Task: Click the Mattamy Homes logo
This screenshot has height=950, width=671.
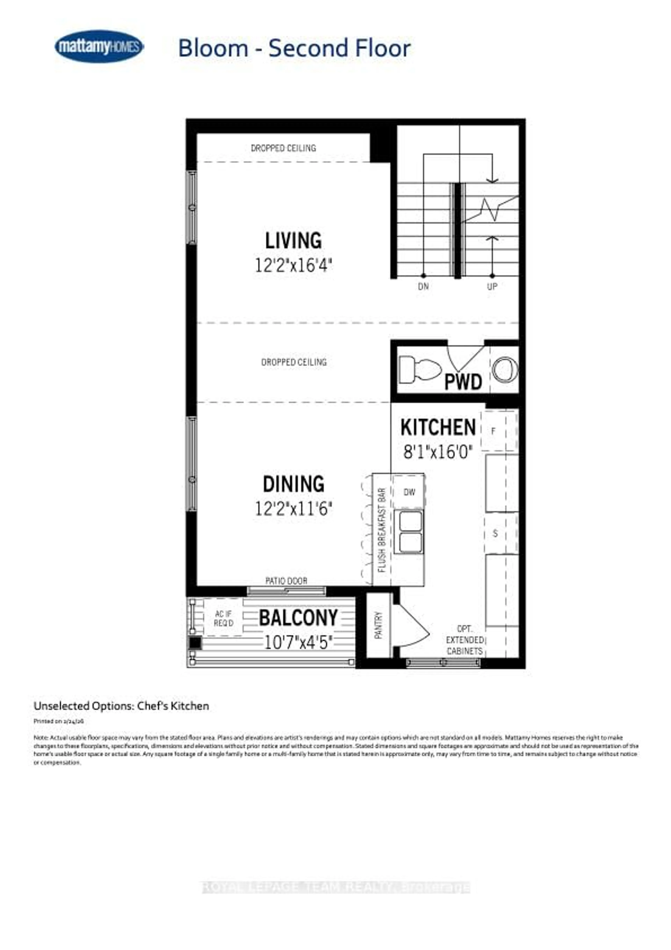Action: [x=99, y=46]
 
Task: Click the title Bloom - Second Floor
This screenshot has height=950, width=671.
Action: [x=294, y=48]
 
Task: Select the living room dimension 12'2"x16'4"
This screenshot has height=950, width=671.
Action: [x=293, y=265]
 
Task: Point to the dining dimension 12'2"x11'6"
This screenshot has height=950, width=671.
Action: [x=293, y=509]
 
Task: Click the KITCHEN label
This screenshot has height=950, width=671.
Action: [x=438, y=427]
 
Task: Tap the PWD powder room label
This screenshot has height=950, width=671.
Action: [x=463, y=382]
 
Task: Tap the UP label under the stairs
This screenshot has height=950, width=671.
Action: [x=492, y=286]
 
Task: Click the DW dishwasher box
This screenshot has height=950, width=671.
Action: [x=409, y=492]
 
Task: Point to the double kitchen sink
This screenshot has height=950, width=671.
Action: [x=408, y=532]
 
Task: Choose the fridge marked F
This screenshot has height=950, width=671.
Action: [x=499, y=431]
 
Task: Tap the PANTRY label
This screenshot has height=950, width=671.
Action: [x=378, y=625]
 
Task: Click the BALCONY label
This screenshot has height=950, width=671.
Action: [x=298, y=618]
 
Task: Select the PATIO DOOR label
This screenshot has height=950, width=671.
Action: [x=286, y=581]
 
